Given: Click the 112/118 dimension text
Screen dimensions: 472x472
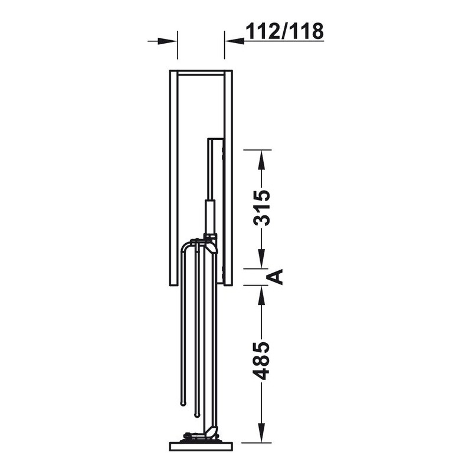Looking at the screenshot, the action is (284, 31).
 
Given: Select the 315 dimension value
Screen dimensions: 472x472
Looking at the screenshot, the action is (261, 208).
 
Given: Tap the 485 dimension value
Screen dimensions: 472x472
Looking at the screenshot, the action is (261, 360).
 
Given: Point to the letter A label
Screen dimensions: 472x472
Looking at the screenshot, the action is (276, 277).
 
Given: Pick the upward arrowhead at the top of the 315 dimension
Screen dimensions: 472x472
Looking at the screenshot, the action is (261, 159).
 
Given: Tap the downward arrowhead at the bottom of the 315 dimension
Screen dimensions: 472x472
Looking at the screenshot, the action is (261, 258).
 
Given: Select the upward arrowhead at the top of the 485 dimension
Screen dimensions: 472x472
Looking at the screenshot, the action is (261, 294).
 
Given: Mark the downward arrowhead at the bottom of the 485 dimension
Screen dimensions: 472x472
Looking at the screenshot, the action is (261, 433).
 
